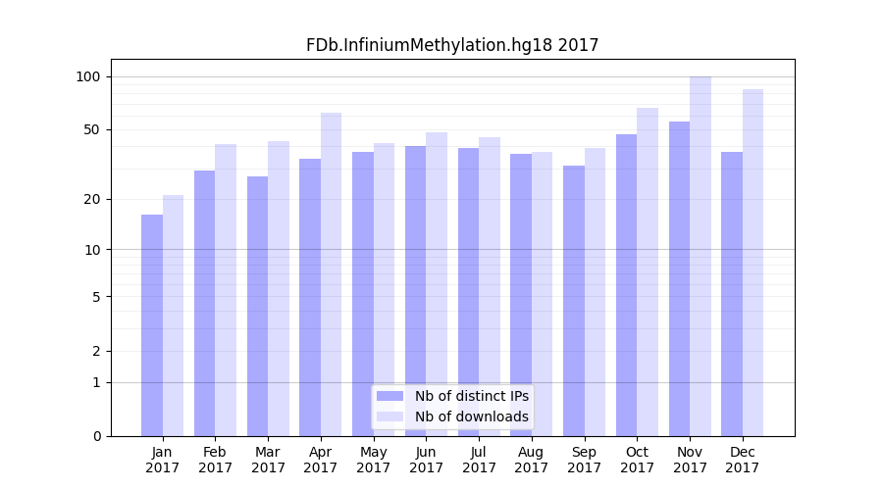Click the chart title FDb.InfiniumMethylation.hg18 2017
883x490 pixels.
[452, 45]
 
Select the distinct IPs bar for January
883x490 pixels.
[152, 325]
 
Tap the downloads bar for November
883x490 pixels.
[701, 256]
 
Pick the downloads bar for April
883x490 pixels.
[331, 274]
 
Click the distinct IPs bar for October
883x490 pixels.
[627, 285]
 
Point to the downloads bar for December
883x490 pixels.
[753, 263]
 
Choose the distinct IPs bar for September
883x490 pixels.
[574, 301]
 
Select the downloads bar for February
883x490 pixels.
[226, 290]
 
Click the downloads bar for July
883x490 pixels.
[490, 286]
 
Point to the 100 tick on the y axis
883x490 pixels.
[89, 76]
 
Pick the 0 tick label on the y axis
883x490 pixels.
[97, 436]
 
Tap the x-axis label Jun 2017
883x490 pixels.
[426, 460]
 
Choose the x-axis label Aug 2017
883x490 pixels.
[532, 460]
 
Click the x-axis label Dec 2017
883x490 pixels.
[743, 460]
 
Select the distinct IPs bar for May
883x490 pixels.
[363, 294]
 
